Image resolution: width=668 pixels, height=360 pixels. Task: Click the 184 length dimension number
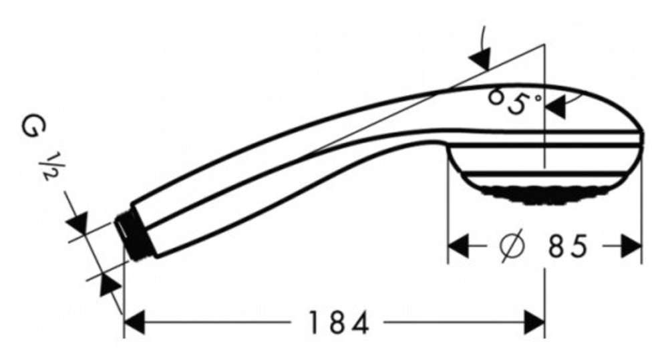tap(338, 322)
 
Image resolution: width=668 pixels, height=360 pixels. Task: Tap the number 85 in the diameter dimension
tap(568, 246)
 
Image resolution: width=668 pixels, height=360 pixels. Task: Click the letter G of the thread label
tap(33, 126)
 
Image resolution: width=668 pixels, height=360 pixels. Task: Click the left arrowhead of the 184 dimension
tap(134, 322)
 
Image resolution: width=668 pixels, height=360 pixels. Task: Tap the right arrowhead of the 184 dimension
tap(534, 322)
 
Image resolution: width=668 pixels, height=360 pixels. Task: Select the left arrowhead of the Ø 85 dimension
tap(458, 246)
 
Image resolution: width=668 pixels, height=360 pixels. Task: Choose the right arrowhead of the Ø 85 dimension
tap(631, 246)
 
